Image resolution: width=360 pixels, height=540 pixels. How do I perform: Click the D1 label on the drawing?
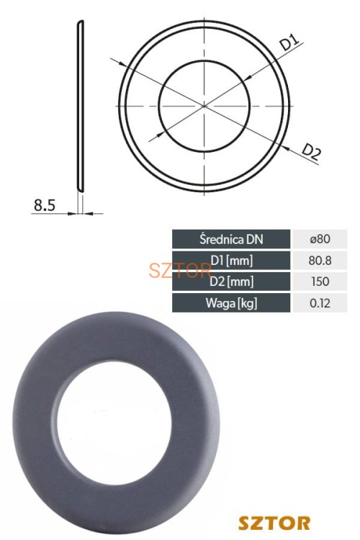(x=289, y=43)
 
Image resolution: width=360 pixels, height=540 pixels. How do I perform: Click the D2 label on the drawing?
(x=312, y=152)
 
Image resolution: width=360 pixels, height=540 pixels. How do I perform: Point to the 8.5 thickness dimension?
(x=45, y=205)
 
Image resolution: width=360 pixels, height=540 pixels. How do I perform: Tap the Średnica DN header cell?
(x=231, y=239)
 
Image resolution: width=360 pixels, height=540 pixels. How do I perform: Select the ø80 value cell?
(x=320, y=239)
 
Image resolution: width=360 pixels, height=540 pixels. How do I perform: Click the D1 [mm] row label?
(x=231, y=261)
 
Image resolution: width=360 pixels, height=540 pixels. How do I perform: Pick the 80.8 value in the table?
(x=320, y=261)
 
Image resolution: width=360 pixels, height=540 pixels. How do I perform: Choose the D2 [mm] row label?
(x=231, y=282)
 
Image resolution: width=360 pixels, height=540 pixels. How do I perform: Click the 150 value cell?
(x=320, y=282)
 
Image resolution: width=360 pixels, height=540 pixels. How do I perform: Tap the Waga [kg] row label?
(x=231, y=303)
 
